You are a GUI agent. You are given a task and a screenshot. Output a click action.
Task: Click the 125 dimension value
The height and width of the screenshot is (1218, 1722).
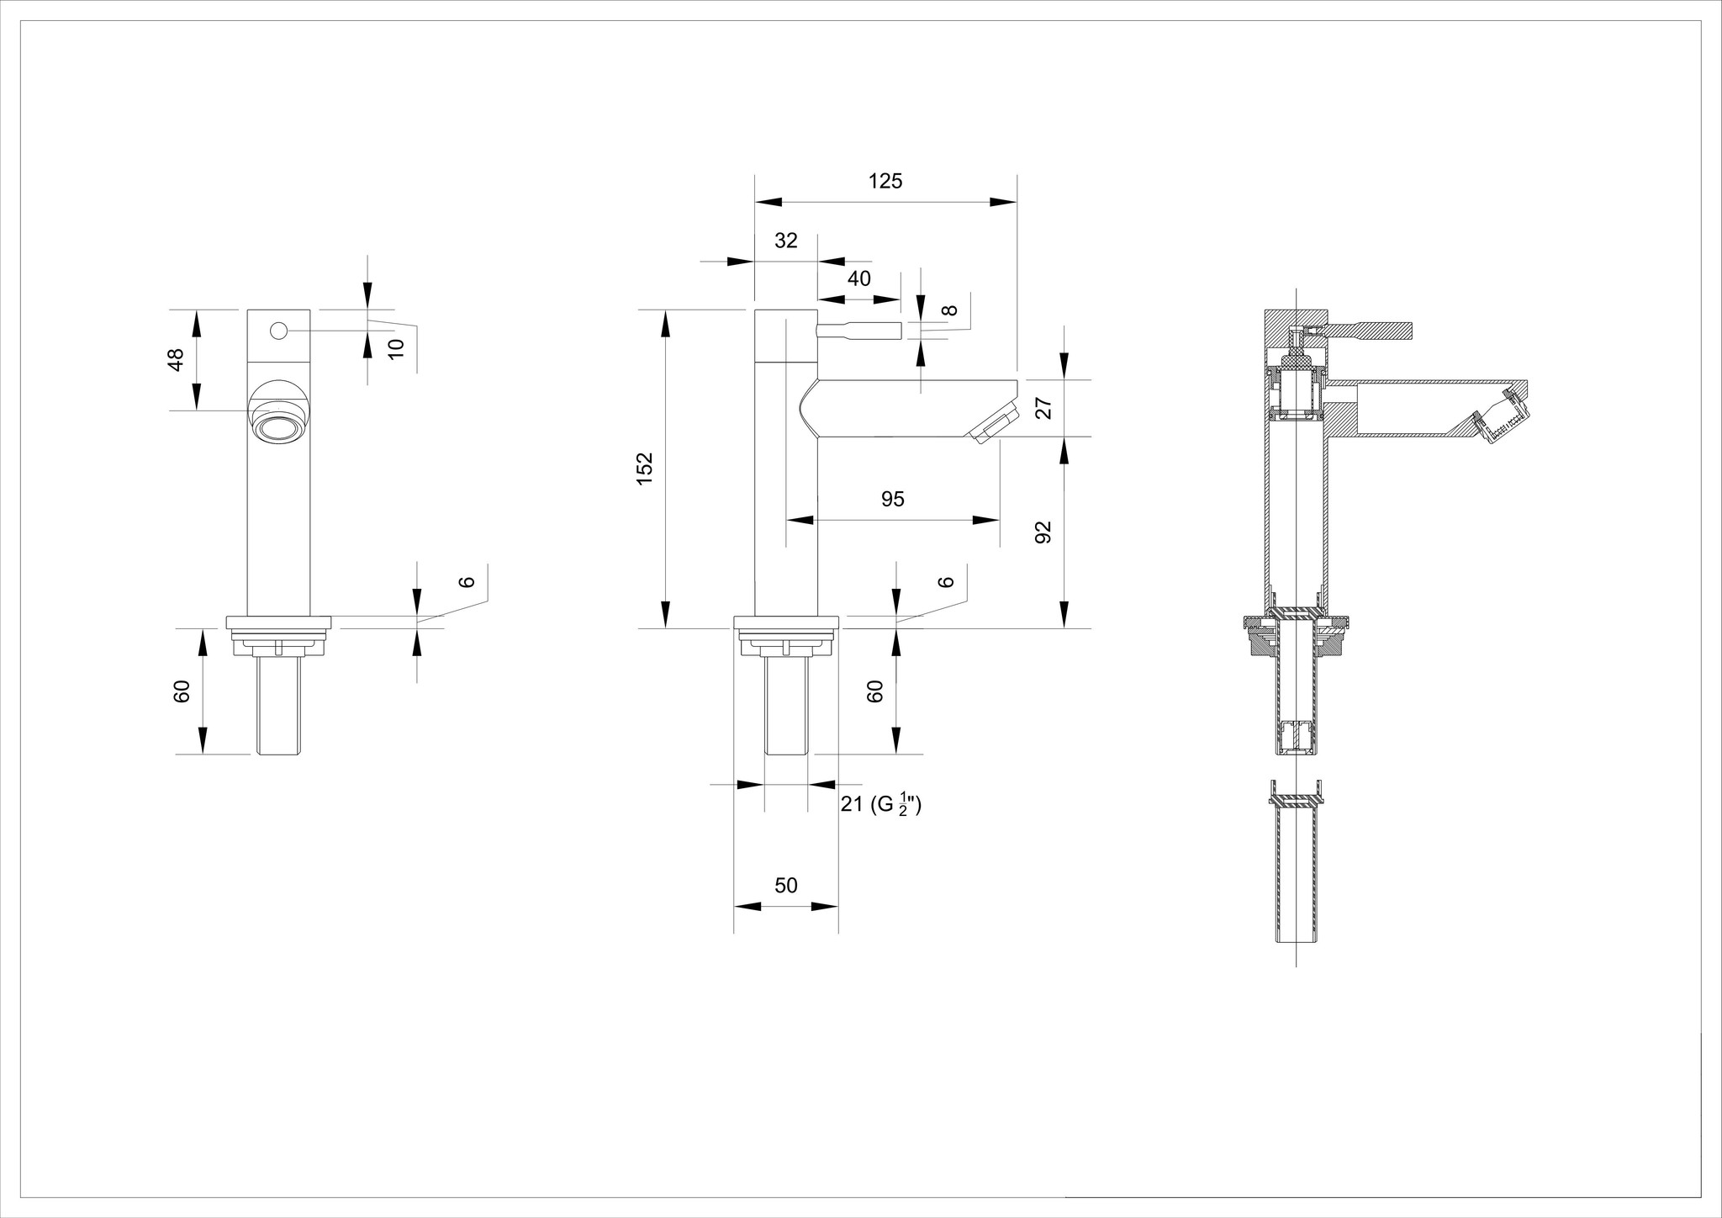coord(885,181)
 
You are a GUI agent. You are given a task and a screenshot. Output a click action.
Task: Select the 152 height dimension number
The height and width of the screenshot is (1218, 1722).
coord(645,469)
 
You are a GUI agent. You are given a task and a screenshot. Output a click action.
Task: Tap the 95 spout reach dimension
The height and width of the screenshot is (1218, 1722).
coord(892,499)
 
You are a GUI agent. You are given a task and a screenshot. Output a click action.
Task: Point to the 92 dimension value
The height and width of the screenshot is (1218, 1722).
coord(1043,532)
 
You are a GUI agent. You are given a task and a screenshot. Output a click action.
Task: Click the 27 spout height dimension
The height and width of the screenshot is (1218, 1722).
coord(1043,409)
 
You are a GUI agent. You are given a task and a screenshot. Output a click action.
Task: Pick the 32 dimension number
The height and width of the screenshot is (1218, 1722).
coord(785,241)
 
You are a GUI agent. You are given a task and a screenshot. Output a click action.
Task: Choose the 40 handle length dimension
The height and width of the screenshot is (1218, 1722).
coord(858,278)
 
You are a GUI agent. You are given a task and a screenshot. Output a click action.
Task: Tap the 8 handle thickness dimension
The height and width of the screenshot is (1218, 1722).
coord(949,310)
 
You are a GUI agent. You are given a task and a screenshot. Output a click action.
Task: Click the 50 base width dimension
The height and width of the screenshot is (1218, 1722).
coord(785,886)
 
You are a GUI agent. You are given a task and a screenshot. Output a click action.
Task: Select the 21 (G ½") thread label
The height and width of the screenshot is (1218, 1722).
coord(880,805)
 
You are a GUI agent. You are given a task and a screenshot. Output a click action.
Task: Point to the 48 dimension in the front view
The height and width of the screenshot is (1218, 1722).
coord(175,359)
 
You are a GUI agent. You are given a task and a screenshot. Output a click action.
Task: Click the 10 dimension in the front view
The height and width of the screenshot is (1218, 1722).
coord(397,346)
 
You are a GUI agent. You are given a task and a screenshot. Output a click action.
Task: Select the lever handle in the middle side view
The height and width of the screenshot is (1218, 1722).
coord(859,331)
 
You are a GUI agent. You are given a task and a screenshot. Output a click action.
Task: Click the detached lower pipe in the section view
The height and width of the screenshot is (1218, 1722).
coord(1296,875)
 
